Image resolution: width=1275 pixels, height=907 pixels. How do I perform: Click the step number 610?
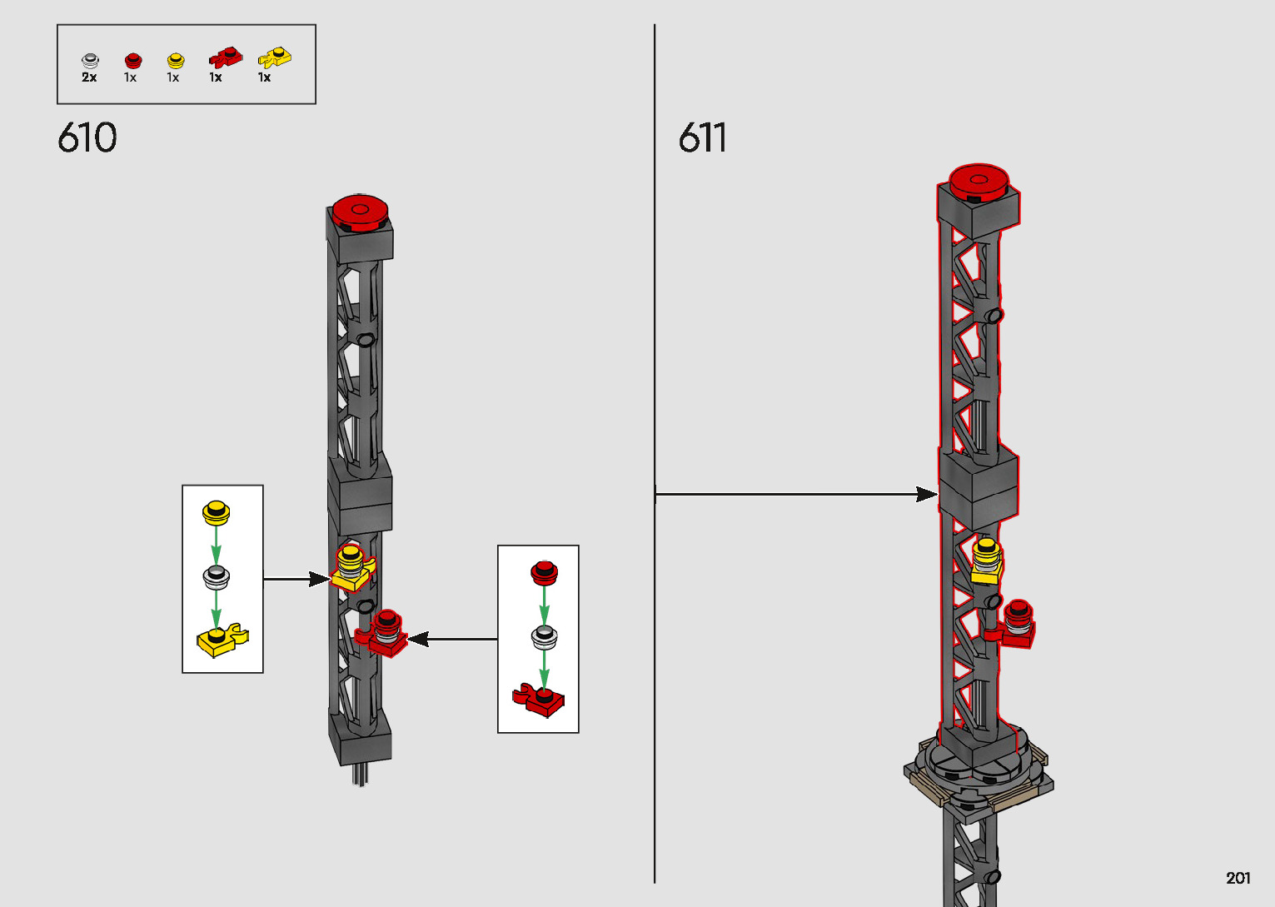pyautogui.click(x=87, y=138)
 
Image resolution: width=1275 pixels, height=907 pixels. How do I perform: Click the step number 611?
pyautogui.click(x=702, y=138)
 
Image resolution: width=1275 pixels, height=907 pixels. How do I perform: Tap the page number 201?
pyautogui.click(x=1238, y=878)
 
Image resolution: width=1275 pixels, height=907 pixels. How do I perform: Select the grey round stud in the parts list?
pyautogui.click(x=90, y=60)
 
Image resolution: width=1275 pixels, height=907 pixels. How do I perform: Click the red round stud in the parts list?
pyautogui.click(x=132, y=60)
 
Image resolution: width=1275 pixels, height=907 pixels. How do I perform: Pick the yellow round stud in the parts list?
pyautogui.click(x=175, y=60)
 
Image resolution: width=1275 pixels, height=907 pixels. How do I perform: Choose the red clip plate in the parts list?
pyautogui.click(x=225, y=57)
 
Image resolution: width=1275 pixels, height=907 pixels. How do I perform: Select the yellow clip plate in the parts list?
pyautogui.click(x=274, y=57)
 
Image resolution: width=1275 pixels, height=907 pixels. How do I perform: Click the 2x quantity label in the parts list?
pyautogui.click(x=89, y=77)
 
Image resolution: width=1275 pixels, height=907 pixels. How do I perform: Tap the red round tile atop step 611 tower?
pyautogui.click(x=979, y=181)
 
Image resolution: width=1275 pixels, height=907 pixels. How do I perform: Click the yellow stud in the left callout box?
pyautogui.click(x=216, y=511)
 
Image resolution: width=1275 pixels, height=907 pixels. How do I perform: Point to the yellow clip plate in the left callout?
pyautogui.click(x=222, y=640)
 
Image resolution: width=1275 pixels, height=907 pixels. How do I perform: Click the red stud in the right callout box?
pyautogui.click(x=544, y=572)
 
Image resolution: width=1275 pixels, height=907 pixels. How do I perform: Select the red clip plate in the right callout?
pyautogui.click(x=540, y=700)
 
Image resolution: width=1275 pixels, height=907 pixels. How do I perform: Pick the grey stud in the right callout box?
pyautogui.click(x=544, y=637)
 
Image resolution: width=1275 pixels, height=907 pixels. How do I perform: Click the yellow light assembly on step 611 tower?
pyautogui.click(x=986, y=561)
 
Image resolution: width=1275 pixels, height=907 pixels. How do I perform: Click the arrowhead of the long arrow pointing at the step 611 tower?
pyautogui.click(x=928, y=495)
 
